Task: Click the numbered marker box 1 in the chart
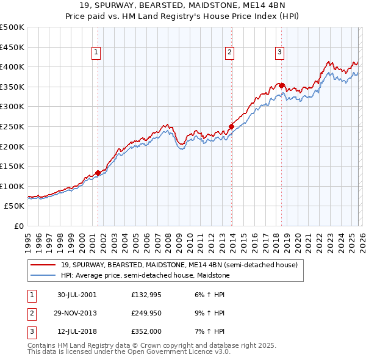point(97,53)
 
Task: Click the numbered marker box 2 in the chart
point(229,53)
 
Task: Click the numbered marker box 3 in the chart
point(279,53)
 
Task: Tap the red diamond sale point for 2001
point(98,173)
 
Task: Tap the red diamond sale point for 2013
point(231,126)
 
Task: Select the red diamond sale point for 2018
point(281,86)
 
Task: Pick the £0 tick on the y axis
point(18,226)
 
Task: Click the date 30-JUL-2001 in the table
point(77,294)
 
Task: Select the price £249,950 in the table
point(146,313)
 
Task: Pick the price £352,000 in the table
point(146,332)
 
